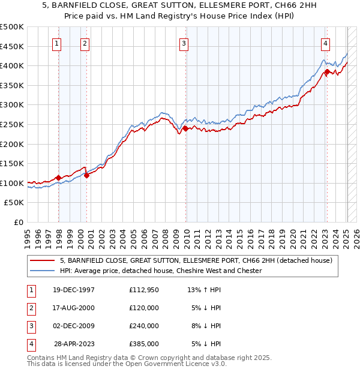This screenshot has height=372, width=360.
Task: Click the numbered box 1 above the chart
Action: tap(56, 43)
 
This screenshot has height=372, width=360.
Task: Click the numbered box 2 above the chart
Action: tap(85, 43)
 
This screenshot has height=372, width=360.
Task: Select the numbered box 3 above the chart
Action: tap(184, 43)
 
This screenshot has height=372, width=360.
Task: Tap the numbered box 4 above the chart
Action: tap(325, 43)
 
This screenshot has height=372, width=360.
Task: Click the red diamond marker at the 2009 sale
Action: tap(186, 128)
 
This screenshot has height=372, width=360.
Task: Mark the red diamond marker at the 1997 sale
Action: tap(58, 178)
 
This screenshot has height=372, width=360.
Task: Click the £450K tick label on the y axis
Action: tap(12, 46)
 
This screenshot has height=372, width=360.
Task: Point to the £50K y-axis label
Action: tap(14, 203)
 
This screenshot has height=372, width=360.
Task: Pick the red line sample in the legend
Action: tap(42, 260)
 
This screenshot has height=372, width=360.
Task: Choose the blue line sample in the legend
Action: tap(42, 271)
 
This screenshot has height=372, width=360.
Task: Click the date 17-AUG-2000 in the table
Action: tap(74, 308)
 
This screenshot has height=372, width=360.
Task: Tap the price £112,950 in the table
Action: tap(143, 290)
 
